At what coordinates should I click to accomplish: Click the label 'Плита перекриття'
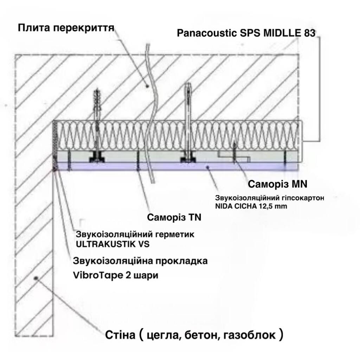(66, 28)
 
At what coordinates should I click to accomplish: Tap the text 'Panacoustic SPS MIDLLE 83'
(246, 33)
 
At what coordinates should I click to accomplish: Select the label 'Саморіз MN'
(277, 184)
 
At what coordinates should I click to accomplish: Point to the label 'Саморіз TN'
(174, 217)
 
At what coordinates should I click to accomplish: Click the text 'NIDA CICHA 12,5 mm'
(251, 206)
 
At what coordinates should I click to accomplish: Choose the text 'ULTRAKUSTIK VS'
(112, 244)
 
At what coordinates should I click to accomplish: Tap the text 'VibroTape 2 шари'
(115, 275)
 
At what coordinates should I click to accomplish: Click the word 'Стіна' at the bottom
(120, 335)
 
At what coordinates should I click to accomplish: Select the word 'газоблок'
(249, 335)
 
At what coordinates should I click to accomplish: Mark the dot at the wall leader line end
(36, 278)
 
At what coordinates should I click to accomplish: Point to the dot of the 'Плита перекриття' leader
(147, 86)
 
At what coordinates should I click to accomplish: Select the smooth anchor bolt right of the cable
(188, 122)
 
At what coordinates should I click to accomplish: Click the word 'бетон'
(200, 335)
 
